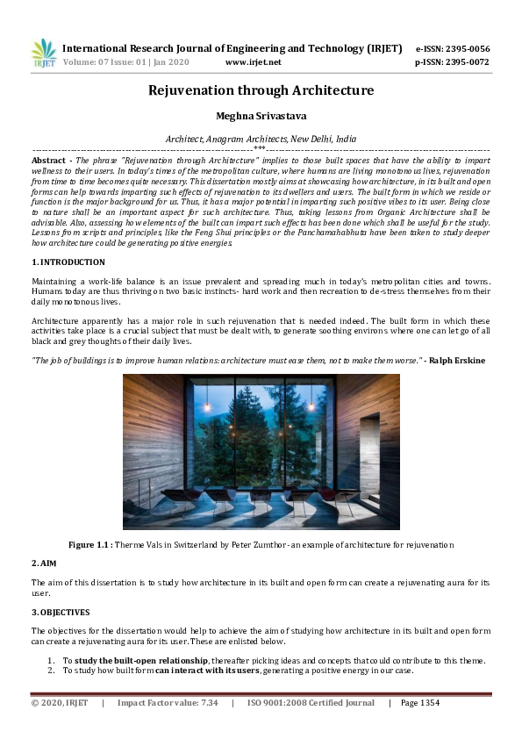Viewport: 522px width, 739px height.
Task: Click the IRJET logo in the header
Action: [43, 54]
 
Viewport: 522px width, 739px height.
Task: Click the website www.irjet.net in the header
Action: [253, 63]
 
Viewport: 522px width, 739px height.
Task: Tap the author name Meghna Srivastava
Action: [261, 116]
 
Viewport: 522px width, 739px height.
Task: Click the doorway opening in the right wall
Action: [375, 444]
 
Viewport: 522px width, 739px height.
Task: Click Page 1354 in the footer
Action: [420, 703]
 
